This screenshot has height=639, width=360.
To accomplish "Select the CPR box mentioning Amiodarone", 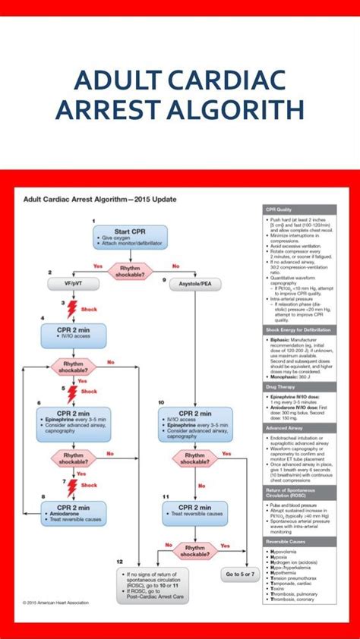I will pyautogui.click(x=74, y=513).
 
